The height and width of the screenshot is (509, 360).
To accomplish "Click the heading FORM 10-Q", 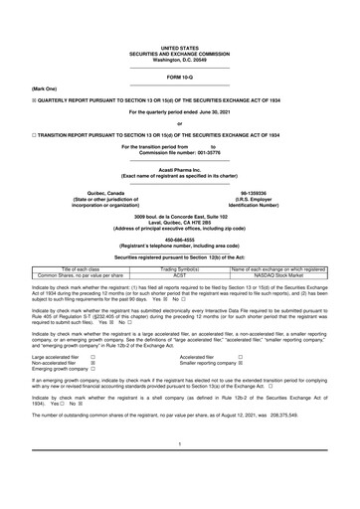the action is pyautogui.click(x=179, y=75).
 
